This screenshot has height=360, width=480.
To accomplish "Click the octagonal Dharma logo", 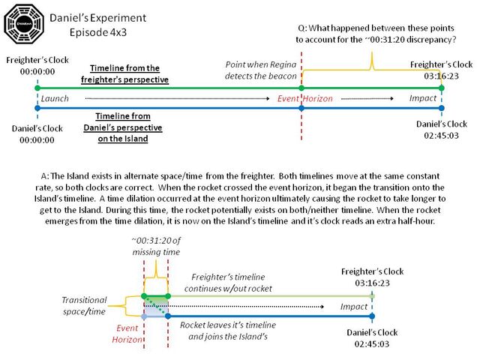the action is click(x=24, y=23).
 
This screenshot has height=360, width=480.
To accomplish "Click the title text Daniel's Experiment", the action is click(x=98, y=18).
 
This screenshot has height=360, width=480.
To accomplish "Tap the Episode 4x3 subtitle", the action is click(x=98, y=32).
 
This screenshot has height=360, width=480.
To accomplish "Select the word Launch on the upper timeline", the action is click(x=55, y=98).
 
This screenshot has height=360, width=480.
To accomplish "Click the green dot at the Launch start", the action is click(x=37, y=88).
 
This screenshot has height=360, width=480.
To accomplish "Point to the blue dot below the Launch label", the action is click(x=37, y=108).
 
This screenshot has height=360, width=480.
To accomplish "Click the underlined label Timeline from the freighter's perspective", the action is click(x=124, y=73).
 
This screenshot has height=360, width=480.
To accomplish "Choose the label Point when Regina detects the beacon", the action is click(x=261, y=70).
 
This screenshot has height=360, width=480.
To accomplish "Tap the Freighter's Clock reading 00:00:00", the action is click(x=37, y=66).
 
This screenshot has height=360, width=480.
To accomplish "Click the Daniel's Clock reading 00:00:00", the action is click(x=37, y=134).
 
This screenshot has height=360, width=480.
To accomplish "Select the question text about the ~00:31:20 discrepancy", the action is click(x=376, y=34).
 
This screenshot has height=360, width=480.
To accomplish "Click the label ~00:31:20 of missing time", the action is click(x=156, y=246).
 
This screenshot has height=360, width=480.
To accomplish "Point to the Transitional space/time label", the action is click(x=84, y=305).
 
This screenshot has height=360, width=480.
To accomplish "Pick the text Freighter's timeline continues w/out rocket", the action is click(x=228, y=283).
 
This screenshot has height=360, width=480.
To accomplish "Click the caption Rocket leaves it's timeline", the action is click(x=228, y=325).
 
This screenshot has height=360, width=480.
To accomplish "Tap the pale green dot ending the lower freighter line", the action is click(x=372, y=296).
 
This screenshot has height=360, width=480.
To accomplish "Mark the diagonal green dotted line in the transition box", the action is click(x=156, y=305).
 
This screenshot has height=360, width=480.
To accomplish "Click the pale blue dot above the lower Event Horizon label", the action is click(x=144, y=316).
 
